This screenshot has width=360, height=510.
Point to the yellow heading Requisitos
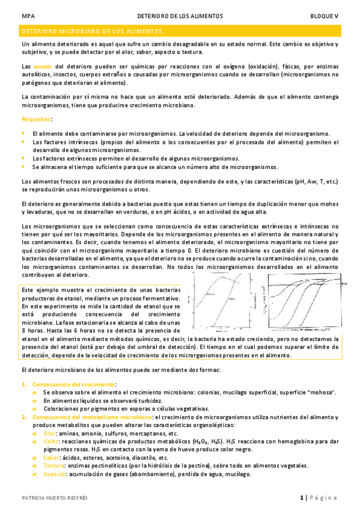coord(37,120)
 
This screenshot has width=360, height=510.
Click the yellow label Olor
coord(49,433)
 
